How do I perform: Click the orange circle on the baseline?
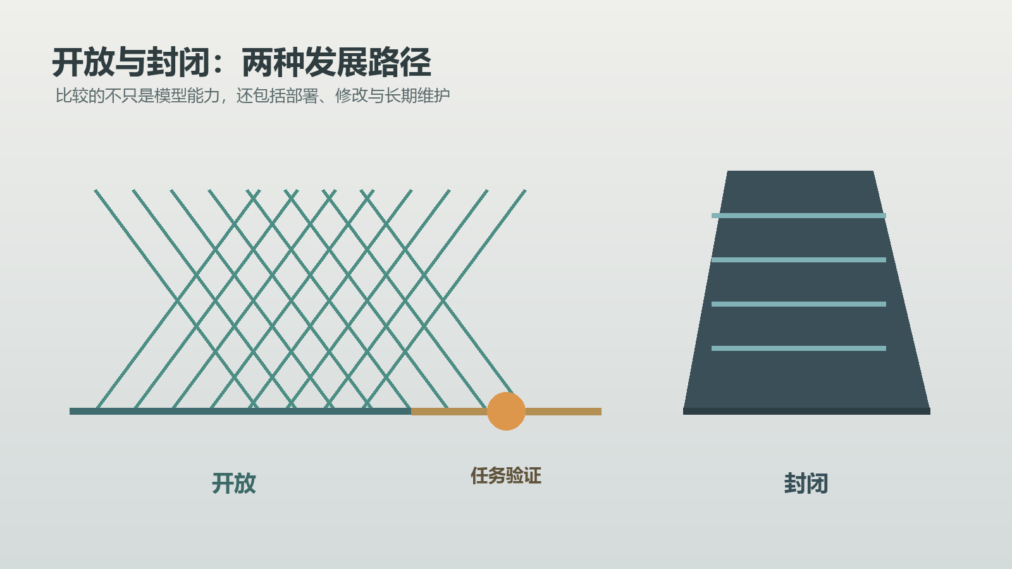(x=506, y=411)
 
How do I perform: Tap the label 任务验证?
(x=506, y=475)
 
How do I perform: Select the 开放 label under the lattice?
(x=234, y=483)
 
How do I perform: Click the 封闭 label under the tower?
(x=806, y=483)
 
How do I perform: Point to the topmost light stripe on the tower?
(x=799, y=216)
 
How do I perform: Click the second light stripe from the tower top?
(x=799, y=260)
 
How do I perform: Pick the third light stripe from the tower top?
(x=799, y=304)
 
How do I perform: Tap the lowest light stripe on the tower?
(x=799, y=348)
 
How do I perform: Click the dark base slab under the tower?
(x=806, y=411)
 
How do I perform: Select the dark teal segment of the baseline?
(x=240, y=411)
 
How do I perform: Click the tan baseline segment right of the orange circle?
(x=563, y=412)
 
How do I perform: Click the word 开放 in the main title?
(x=83, y=63)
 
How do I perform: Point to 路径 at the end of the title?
(x=400, y=63)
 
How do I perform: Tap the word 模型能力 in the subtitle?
(x=187, y=95)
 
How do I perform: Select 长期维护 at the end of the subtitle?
(x=417, y=95)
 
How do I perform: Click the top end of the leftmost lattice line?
(x=96, y=190)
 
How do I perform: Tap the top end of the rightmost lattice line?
(x=525, y=190)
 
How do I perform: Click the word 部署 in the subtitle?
(x=302, y=95)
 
